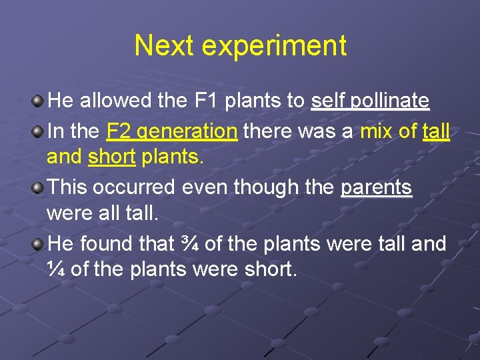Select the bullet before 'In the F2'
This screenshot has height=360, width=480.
(x=39, y=131)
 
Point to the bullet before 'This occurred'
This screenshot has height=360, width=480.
(x=39, y=187)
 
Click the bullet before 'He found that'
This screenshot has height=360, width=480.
(x=39, y=244)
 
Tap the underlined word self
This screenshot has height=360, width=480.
(x=327, y=101)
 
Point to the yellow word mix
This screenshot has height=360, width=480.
(x=376, y=131)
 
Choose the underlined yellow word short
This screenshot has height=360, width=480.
(x=111, y=158)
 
